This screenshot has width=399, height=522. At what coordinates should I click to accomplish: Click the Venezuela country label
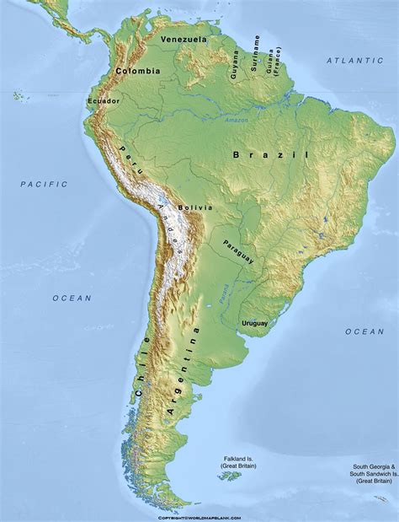(x=184, y=40)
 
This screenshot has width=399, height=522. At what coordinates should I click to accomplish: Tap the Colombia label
(x=138, y=72)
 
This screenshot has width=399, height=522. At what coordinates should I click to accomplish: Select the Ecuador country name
(x=103, y=101)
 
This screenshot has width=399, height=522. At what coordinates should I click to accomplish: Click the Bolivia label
(x=194, y=207)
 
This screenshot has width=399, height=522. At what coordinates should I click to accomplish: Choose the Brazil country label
(x=271, y=155)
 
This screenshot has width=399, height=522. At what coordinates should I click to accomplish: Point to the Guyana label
(x=235, y=65)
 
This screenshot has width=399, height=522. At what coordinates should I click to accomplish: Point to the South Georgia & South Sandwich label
(x=373, y=472)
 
